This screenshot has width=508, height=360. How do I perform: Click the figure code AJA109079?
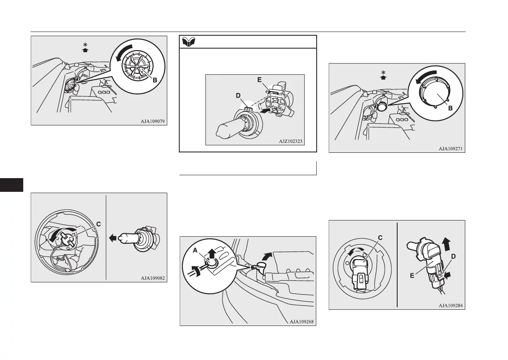coord(153,122)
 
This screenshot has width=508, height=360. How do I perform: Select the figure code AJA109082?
coord(153,279)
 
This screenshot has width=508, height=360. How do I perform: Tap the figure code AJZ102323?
coord(291,142)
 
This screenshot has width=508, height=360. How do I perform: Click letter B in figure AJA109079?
coord(154,81)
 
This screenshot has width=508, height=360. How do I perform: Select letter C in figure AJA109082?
coord(98,224)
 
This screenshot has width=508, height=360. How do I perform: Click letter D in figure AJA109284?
coord(453,256)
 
